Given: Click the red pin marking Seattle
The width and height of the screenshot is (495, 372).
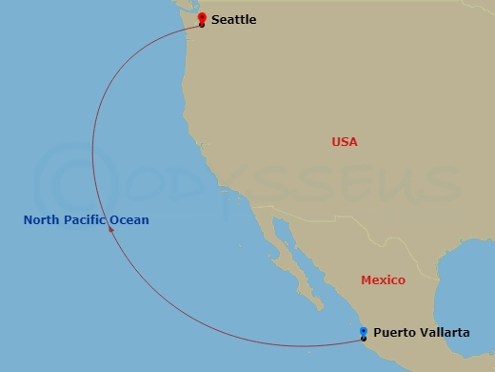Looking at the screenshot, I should click(x=201, y=19).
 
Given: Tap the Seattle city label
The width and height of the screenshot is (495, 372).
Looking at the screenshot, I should click(x=233, y=20).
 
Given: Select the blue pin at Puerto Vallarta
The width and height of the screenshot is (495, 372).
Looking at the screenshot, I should click(x=364, y=333).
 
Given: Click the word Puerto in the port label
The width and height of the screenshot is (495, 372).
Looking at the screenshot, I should click(x=394, y=333).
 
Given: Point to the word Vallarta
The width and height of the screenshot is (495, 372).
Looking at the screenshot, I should click(x=444, y=333).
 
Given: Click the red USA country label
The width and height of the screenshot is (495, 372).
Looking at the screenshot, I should click(x=345, y=142).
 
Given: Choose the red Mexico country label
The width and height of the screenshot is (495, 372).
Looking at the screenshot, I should click(x=383, y=280).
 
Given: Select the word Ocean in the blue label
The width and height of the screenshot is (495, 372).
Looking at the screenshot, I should click(x=129, y=220).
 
